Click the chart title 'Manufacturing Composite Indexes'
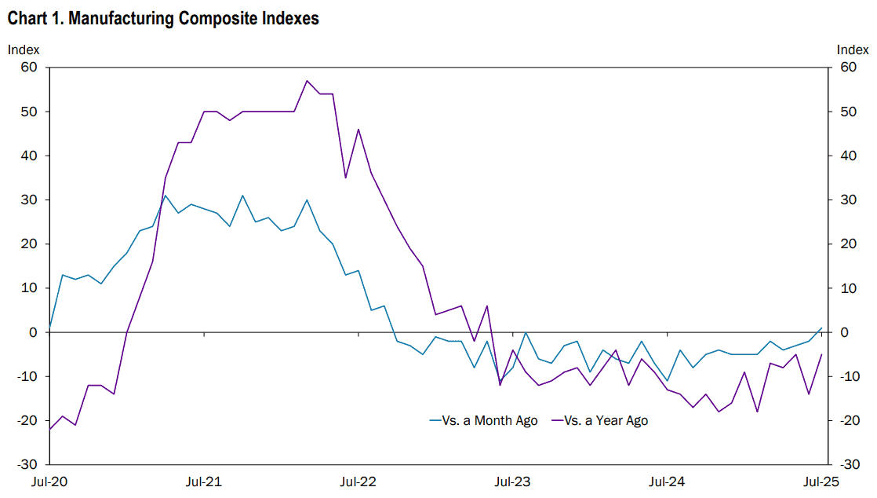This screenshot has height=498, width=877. [x=194, y=19]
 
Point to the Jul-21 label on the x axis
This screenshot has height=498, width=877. [x=204, y=482]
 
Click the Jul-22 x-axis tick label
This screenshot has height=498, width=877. [x=358, y=482]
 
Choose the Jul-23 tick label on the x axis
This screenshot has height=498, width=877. [x=512, y=482]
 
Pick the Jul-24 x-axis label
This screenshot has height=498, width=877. [x=667, y=482]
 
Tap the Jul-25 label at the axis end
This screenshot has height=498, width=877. [x=821, y=482]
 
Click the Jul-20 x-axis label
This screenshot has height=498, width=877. [x=49, y=482]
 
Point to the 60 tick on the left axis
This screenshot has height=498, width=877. [x=29, y=68]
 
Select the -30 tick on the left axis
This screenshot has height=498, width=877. [x=27, y=464]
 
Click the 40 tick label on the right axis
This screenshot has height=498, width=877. [x=849, y=156]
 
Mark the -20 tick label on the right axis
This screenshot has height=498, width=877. [x=850, y=421]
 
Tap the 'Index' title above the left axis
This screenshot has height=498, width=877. [x=24, y=49]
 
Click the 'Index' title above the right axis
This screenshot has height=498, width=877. [x=853, y=49]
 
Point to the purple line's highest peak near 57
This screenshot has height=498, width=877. [x=307, y=81]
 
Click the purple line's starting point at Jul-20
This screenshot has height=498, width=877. [x=49, y=429]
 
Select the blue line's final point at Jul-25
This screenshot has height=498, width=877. [x=821, y=328]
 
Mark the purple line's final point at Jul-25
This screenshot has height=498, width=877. [x=821, y=354]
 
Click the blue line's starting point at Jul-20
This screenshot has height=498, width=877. [x=49, y=328]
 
